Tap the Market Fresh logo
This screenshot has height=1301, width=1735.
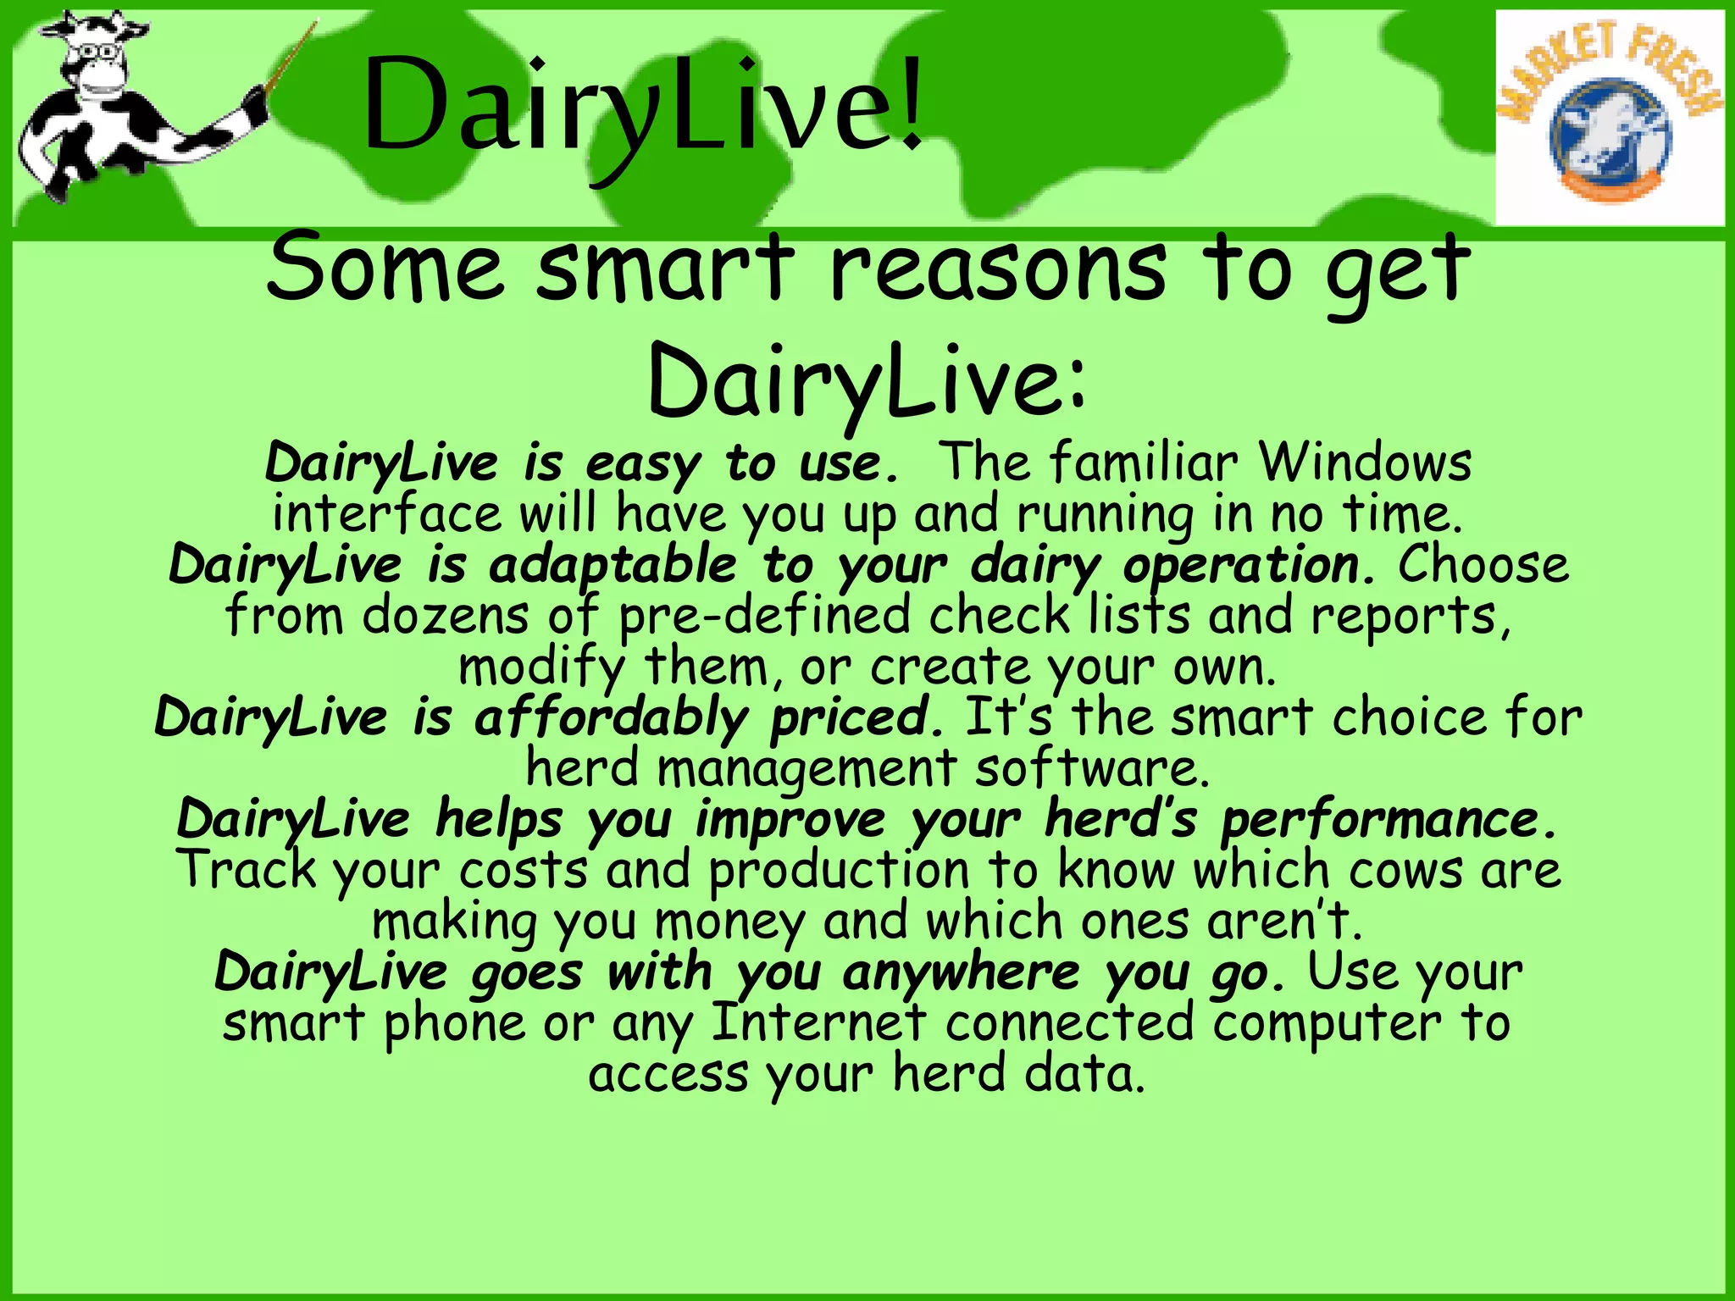point(1610,119)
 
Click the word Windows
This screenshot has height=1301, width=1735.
point(1366,463)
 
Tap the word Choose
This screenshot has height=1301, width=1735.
point(1483,565)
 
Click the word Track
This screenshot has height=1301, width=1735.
point(247,870)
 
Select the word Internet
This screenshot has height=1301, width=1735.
point(818,1023)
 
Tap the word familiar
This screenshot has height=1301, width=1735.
point(1143,463)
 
